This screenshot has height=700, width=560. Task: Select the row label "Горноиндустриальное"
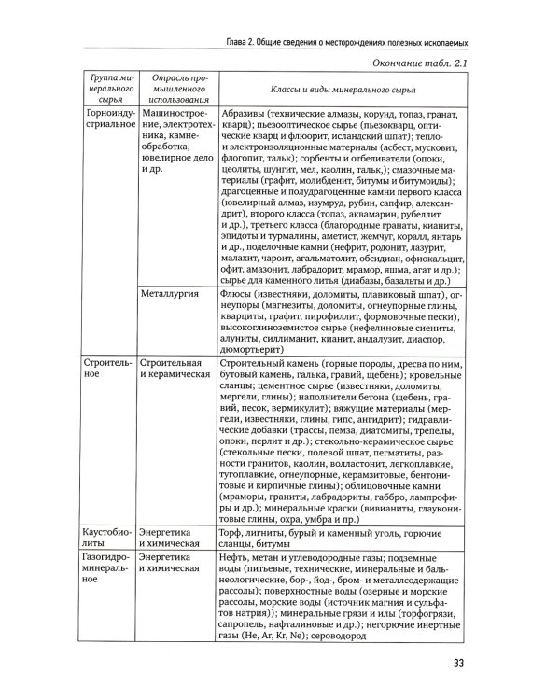tap(108, 118)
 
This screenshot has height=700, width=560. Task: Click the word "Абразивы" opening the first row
tap(245, 111)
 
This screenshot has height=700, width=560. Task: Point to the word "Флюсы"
tap(240, 295)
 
